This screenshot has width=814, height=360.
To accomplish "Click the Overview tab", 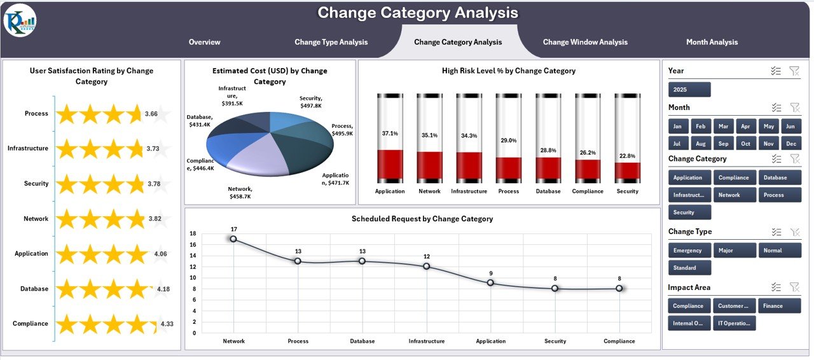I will (x=204, y=42).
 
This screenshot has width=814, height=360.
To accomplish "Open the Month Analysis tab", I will (x=712, y=42).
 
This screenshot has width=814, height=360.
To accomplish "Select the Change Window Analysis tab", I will (x=585, y=42).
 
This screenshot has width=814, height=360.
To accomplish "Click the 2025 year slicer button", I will (x=689, y=90).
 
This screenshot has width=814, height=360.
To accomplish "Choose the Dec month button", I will (x=791, y=144).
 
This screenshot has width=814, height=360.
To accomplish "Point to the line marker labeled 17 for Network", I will (x=233, y=239).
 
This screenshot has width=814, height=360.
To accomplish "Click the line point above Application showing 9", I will (x=490, y=282).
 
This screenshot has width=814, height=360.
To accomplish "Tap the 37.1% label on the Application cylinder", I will (x=390, y=134).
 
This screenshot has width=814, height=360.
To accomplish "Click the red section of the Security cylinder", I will (x=627, y=171).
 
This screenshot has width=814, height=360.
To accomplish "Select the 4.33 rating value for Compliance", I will (x=167, y=324).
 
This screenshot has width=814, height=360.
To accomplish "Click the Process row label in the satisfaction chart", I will (x=36, y=113).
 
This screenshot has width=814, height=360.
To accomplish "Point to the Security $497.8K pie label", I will (x=311, y=102).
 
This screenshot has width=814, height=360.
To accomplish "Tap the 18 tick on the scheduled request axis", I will (x=193, y=233).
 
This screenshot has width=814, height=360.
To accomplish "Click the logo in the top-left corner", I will (x=20, y=20).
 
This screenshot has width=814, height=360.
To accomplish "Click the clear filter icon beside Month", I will (x=794, y=107).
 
